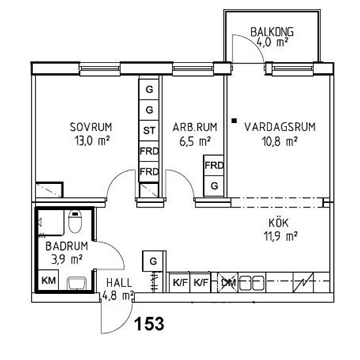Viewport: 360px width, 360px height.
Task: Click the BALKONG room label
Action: pyautogui.click(x=272, y=32)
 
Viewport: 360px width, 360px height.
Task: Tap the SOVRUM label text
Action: pyautogui.click(x=91, y=127)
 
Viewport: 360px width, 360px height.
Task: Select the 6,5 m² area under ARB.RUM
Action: pyautogui.click(x=195, y=141)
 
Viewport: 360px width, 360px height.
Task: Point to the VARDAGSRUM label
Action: pyautogui.click(x=280, y=127)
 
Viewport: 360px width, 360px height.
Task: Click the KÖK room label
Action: pyautogui.click(x=278, y=223)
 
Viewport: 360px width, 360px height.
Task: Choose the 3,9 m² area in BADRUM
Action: pyautogui.click(x=67, y=260)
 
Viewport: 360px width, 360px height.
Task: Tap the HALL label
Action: pyautogui.click(x=119, y=283)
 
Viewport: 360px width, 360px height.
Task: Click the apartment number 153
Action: pyautogui.click(x=149, y=324)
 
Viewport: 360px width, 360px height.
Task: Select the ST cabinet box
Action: pyautogui.click(x=149, y=131)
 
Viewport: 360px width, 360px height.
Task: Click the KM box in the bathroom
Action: pyautogui.click(x=48, y=280)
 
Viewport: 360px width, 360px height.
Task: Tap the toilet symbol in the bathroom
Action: pyautogui.click(x=75, y=221)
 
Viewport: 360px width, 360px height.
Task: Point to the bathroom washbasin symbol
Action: pyautogui.click(x=77, y=283)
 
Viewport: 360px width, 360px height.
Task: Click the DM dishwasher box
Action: pyautogui.click(x=228, y=283)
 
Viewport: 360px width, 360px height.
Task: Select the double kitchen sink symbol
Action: pyautogui.click(x=252, y=283)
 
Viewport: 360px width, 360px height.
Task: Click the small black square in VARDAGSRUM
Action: pyautogui.click(x=234, y=121)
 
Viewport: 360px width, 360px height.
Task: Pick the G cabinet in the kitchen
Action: pyautogui.click(x=153, y=261)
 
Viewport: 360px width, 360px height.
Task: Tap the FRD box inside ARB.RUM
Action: pyautogui.click(x=214, y=166)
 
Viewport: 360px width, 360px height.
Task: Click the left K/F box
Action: pyautogui.click(x=180, y=283)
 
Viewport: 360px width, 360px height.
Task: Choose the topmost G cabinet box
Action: pyautogui.click(x=149, y=89)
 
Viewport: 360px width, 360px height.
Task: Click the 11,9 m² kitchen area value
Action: pyautogui.click(x=280, y=236)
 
